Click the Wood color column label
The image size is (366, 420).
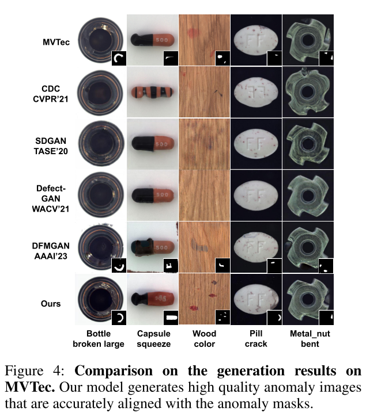[x=204, y=339]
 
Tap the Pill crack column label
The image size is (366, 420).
[x=256, y=339]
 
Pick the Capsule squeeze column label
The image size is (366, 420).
[x=153, y=339]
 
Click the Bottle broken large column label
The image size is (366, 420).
[x=98, y=339]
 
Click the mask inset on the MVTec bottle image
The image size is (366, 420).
[x=118, y=58]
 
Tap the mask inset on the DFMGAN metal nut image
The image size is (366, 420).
[x=327, y=265]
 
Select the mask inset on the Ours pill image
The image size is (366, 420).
[x=275, y=317]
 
